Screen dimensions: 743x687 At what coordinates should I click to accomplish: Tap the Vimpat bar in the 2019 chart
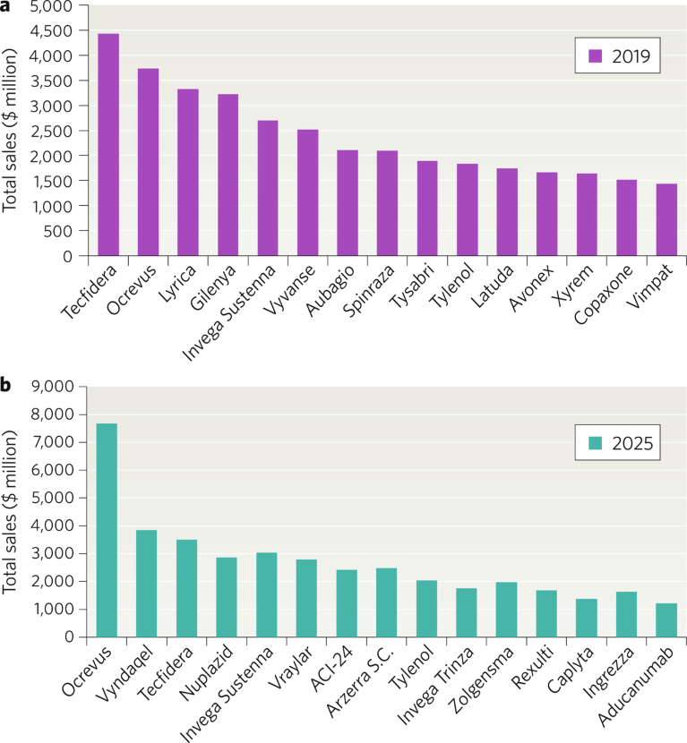pyautogui.click(x=666, y=220)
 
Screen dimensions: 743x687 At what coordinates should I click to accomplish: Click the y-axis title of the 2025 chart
pyautogui.click(x=12, y=513)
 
